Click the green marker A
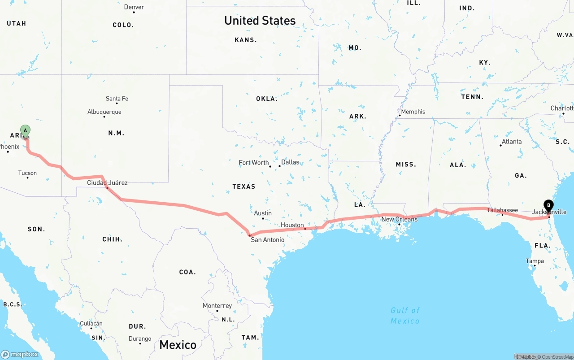point(26,131)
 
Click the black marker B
point(548,205)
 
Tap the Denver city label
point(134,7)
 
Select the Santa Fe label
point(117,99)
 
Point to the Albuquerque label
point(104,112)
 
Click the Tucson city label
point(27,173)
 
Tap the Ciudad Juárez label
point(107,182)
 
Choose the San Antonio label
point(268,240)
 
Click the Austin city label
point(263,213)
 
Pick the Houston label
point(292,225)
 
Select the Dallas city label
point(290,162)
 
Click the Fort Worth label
point(254,163)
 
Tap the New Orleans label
point(399,219)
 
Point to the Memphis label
point(413,112)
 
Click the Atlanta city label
point(512,142)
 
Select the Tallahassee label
point(502,210)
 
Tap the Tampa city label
point(535,261)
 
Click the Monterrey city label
point(217,306)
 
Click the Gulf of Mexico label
point(405,316)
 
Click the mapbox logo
point(20,354)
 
